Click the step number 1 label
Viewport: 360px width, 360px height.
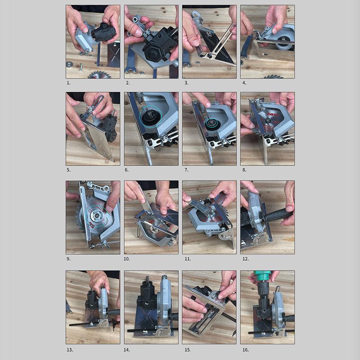(68, 83)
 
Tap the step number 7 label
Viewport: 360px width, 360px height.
(185, 170)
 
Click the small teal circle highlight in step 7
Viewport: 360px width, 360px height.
(211, 123)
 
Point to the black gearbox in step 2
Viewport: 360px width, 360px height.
(155, 45)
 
